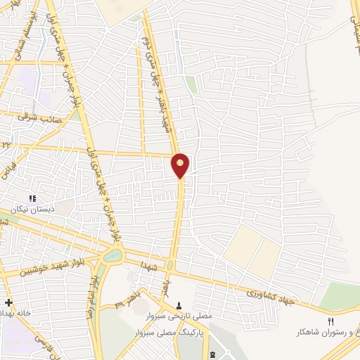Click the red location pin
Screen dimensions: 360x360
tap(181, 165)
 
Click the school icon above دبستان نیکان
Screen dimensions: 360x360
tap(32, 198)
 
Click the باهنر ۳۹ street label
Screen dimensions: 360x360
tap(127, 302)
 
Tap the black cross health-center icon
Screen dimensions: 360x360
tap(8, 302)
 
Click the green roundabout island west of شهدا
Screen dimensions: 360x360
tap(112, 257)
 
